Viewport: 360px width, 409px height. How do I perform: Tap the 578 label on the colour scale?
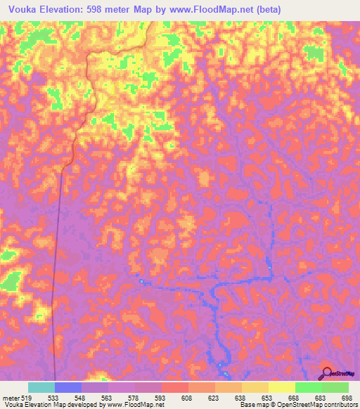(x=134, y=398)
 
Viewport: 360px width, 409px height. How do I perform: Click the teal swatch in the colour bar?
(x=41, y=387)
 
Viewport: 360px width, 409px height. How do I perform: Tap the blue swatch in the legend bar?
(x=68, y=387)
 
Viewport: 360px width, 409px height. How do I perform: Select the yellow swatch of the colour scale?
(x=281, y=387)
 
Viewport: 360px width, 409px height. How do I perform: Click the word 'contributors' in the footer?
(x=338, y=405)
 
